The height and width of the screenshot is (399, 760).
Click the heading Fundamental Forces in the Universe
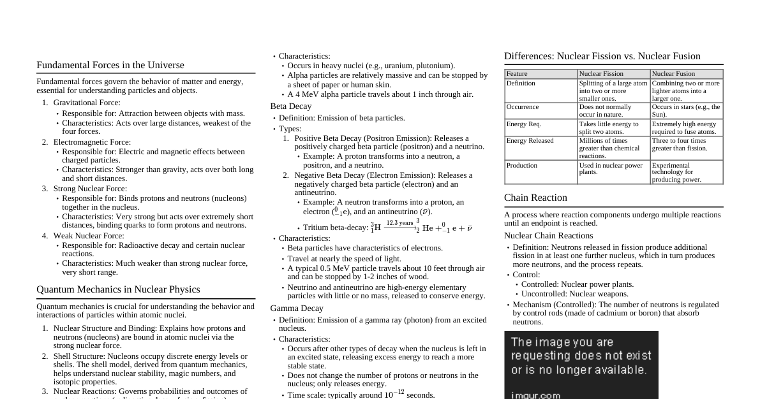click(110, 65)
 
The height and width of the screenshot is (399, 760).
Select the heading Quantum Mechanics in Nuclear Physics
click(118, 289)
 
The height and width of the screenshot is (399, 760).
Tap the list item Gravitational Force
click(86, 103)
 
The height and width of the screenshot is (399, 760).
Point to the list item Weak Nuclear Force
click(89, 236)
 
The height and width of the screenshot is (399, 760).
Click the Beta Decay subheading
click(291, 106)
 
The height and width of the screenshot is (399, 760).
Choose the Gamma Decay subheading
click(297, 308)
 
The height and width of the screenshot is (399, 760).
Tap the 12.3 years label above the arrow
click(399, 222)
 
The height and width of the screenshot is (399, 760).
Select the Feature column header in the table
click(517, 74)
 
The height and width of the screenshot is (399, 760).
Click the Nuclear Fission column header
click(601, 74)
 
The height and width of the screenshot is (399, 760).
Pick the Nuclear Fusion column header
click(673, 74)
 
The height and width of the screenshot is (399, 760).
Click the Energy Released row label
click(530, 141)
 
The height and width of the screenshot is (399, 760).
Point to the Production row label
click(522, 166)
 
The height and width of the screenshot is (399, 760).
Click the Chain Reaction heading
click(535, 198)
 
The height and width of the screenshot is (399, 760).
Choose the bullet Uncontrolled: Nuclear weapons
click(574, 294)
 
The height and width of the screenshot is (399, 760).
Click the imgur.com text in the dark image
click(535, 395)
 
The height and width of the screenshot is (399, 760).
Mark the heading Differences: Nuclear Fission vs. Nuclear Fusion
click(602, 56)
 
